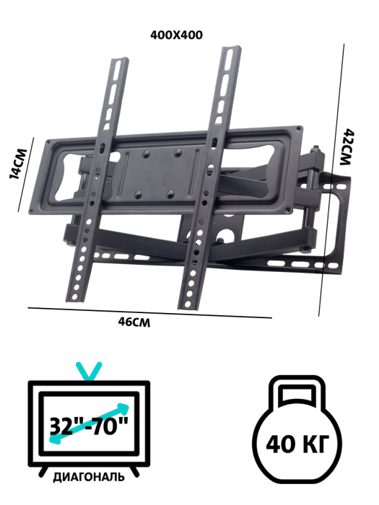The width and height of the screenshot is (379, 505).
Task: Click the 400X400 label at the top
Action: [x=176, y=35]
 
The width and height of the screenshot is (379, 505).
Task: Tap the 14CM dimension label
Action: [x=17, y=163]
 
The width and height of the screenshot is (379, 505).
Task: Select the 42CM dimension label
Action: [x=348, y=147]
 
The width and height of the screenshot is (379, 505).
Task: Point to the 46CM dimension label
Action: [x=134, y=322]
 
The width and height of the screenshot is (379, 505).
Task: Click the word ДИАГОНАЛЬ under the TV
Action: [x=89, y=477]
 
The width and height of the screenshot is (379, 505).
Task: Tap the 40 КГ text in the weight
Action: [x=297, y=444]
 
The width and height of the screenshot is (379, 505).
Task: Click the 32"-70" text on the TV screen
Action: [x=89, y=426]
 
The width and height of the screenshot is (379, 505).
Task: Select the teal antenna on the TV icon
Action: [x=89, y=371]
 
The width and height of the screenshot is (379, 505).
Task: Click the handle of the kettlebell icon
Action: [x=297, y=390]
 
